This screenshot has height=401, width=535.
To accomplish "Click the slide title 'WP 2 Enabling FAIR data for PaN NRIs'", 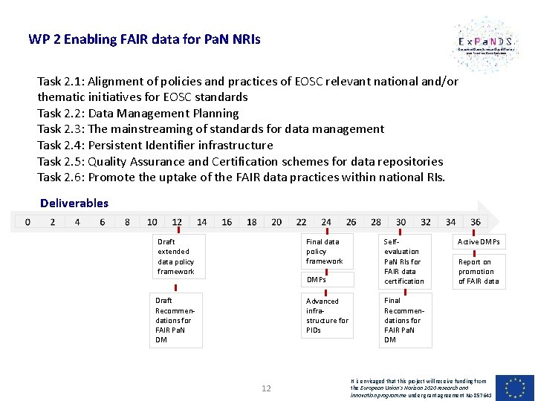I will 144,39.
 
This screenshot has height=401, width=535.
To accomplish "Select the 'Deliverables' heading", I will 74,203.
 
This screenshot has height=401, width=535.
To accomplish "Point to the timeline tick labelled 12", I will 177,221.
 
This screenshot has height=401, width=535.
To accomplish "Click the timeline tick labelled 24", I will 326,221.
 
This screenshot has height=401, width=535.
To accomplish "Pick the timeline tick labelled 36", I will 476,221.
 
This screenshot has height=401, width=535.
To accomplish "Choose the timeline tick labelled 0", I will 27,221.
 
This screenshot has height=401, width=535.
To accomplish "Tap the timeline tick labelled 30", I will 401,221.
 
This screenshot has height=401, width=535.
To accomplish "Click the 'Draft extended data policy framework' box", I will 178,256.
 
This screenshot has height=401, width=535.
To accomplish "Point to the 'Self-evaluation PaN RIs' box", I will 404,261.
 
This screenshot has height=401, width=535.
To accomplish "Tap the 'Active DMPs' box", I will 479,242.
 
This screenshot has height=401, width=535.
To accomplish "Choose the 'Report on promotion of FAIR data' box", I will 479,271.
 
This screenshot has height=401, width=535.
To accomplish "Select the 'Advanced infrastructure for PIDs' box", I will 328,316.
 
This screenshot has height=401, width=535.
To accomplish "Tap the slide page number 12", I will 267,388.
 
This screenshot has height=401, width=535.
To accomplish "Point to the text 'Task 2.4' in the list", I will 61,145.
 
